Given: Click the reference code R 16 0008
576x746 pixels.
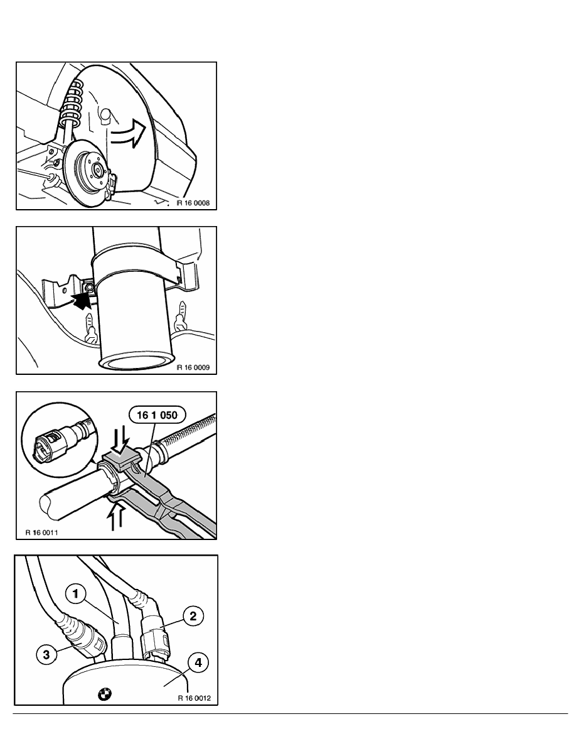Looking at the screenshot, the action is [193, 203].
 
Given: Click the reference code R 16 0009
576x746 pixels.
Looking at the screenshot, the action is [193, 367].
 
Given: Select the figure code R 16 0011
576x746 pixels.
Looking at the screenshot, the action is [42, 532].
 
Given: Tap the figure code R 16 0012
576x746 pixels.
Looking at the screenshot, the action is [195, 698].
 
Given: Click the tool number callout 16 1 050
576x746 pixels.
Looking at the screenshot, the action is [157, 415].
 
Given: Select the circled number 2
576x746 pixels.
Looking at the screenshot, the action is [193, 617].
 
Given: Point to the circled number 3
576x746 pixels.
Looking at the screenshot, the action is [46, 655].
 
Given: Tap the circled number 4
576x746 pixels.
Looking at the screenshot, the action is [198, 662].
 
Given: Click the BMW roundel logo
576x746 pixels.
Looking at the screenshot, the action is [105, 695].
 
